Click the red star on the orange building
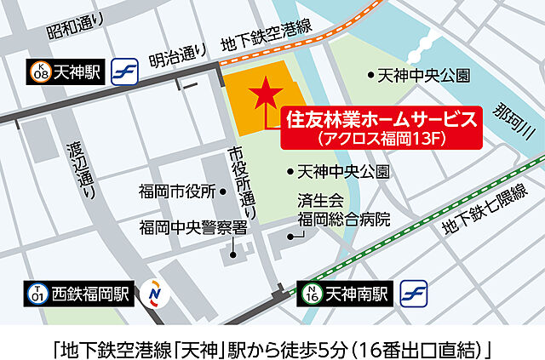267,90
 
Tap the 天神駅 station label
78,74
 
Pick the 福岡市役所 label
175,192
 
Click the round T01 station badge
37,294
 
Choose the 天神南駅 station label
357,294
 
